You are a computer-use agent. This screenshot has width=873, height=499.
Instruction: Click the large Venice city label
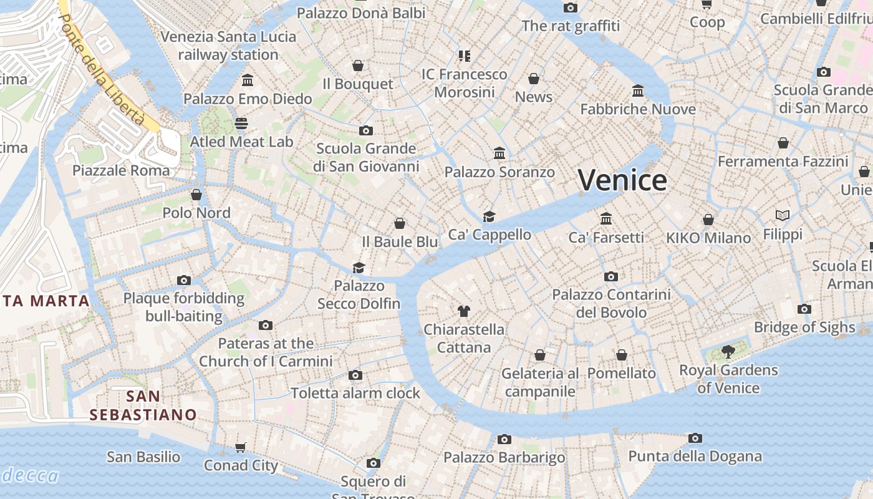622,180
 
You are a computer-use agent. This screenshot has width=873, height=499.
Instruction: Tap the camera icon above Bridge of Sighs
804,309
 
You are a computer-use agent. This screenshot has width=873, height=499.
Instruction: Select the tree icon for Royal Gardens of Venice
728,352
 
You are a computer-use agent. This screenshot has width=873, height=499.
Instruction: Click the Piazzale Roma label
121,170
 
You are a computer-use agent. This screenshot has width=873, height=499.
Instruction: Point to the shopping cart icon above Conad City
241,447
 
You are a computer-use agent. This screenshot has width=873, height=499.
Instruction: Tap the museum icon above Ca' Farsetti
606,218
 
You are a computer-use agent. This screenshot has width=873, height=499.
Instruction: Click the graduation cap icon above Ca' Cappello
490,216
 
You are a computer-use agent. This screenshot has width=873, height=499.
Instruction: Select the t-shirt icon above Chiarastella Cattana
463,311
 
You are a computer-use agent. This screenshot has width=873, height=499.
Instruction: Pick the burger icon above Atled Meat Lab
241,124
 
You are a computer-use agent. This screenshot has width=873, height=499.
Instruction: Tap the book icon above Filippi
783,216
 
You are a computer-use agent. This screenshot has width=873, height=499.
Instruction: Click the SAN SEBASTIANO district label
143,405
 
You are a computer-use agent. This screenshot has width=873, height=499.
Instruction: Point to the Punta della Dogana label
695,456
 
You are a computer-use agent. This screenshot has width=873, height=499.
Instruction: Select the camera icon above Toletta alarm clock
355,375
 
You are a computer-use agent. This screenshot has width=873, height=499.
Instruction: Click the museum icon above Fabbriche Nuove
638,91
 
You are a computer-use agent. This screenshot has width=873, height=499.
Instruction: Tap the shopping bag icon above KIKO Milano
708,220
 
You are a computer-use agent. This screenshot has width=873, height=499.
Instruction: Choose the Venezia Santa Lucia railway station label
228,46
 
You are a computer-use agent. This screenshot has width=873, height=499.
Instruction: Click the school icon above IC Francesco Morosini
464,56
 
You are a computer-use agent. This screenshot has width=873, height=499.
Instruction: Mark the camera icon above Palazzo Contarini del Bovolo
611,276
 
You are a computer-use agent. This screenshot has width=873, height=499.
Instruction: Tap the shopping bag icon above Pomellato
622,355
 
